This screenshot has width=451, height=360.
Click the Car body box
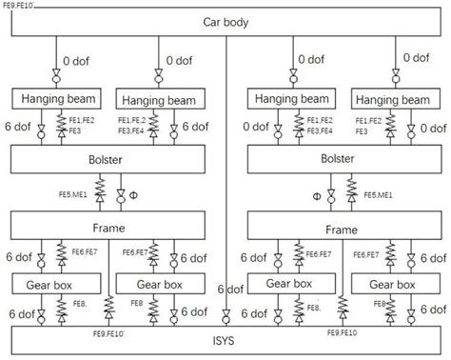225,22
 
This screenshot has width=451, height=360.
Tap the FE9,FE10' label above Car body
21,5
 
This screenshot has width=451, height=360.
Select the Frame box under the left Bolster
107,229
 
